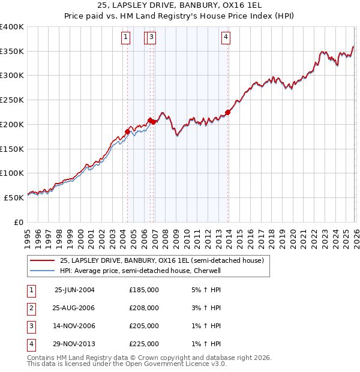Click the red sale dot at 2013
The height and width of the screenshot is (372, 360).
coord(228,112)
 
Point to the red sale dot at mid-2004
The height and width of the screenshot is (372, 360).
coord(127,131)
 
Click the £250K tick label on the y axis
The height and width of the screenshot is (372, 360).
coord(11,100)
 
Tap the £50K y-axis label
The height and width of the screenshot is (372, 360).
coord(14,197)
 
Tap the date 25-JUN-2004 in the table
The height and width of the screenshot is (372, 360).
coord(74,289)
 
